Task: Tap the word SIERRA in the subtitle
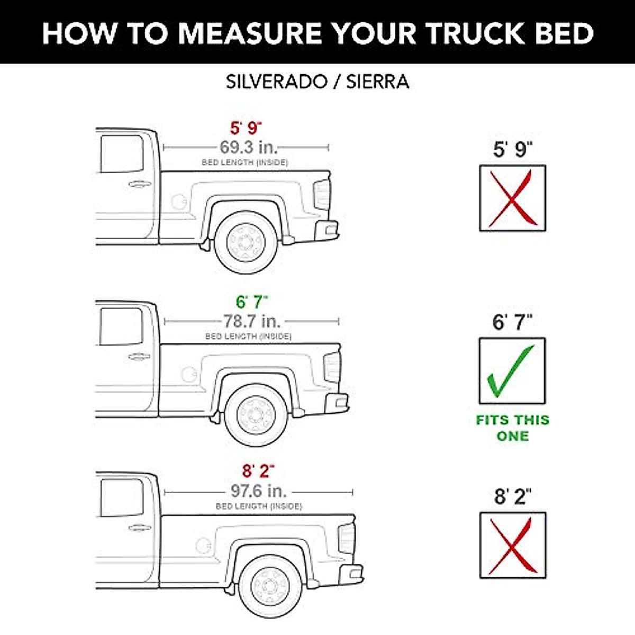pos(377,82)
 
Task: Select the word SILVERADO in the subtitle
pos(277,82)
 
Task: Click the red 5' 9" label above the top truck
pos(246,128)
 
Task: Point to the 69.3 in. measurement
pos(248,147)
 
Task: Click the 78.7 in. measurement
pos(251,321)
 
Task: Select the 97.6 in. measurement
pos(259,491)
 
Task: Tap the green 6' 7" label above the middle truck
pos(252,302)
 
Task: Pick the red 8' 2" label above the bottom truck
pos(258,471)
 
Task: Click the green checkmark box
pos(512,370)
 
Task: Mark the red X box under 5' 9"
pos(512,198)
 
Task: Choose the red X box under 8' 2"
pos(512,545)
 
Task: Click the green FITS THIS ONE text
pos(512,428)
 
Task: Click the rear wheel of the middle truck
pos(257,415)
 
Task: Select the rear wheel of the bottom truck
pos(270,586)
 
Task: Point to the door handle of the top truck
pos(139,184)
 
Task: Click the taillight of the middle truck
pos(332,366)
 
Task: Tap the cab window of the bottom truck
pos(122,497)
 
